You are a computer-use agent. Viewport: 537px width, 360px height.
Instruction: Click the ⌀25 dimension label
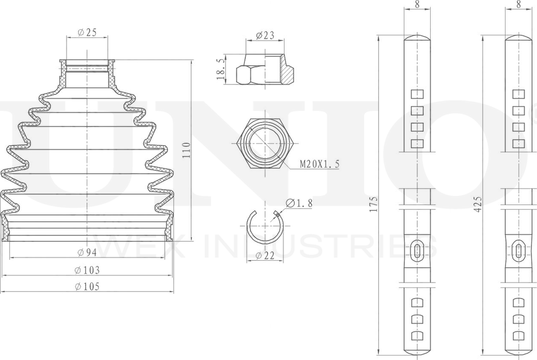click(x=87, y=33)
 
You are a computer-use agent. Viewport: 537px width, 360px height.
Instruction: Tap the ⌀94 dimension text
click(x=87, y=253)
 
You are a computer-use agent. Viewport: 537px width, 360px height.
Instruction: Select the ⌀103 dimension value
click(x=87, y=270)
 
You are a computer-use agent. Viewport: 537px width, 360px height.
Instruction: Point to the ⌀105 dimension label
click(x=87, y=286)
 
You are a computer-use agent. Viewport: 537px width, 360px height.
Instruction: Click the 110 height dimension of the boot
click(x=186, y=150)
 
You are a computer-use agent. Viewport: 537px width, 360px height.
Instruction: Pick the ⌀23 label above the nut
click(x=265, y=35)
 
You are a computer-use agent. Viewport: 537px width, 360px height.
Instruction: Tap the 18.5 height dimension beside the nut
click(x=221, y=69)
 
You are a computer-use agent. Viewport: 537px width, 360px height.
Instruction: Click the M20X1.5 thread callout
click(x=320, y=164)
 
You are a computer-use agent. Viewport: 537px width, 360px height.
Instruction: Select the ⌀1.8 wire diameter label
click(x=299, y=203)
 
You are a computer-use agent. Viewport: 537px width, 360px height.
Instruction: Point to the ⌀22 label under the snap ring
click(x=266, y=255)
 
